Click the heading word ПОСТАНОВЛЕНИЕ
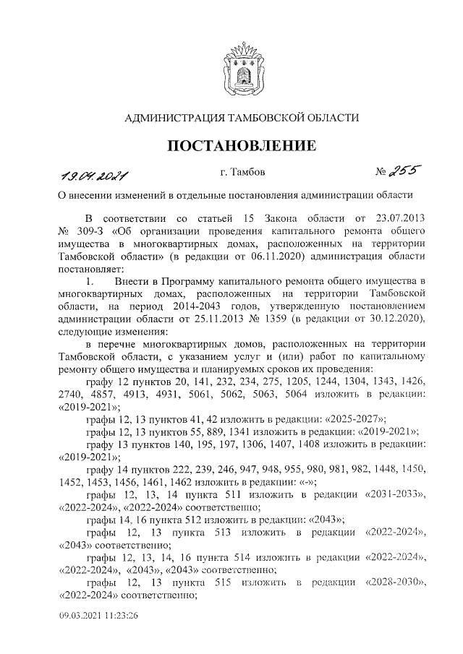tap(242, 146)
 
